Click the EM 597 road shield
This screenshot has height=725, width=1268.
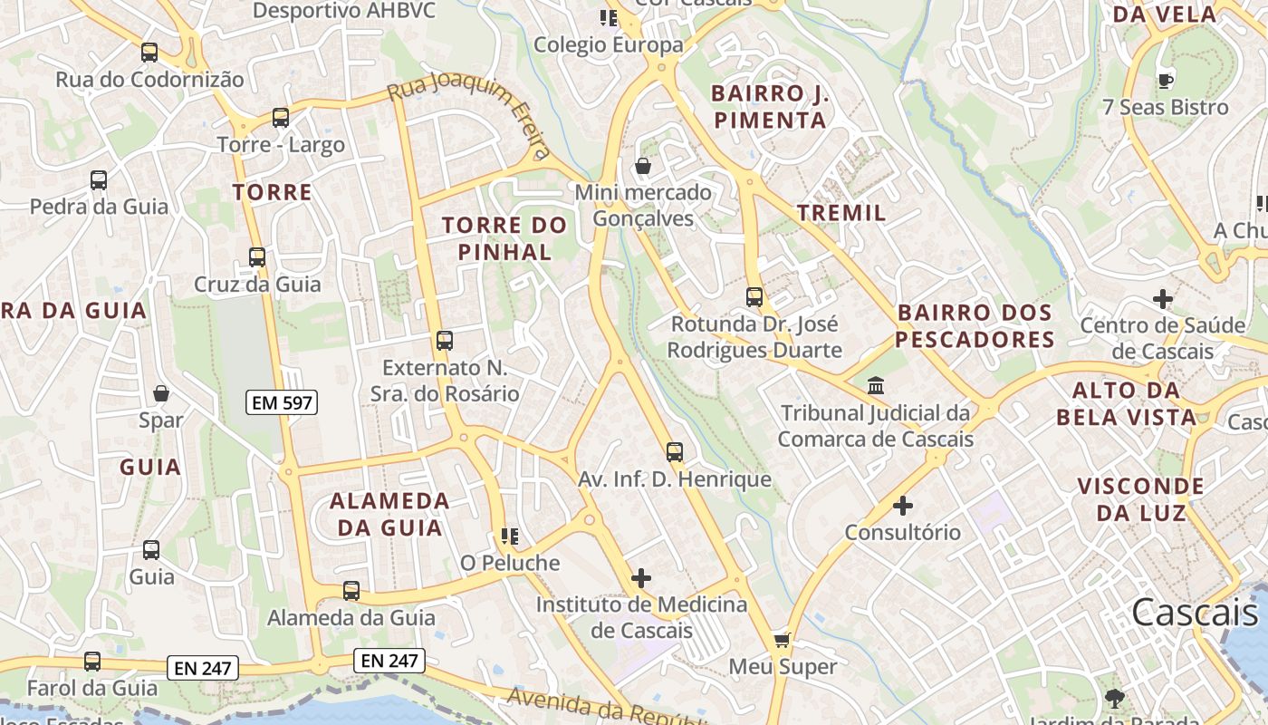tap(282, 402)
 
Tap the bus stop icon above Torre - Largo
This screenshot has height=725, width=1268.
tap(281, 118)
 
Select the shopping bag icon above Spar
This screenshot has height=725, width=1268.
tap(161, 393)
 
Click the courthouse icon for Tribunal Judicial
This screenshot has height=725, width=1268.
tap(876, 386)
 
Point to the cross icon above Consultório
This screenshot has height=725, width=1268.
tap(903, 506)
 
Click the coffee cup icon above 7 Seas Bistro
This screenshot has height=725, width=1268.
tap(1166, 81)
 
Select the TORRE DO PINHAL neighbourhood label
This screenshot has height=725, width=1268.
tap(504, 238)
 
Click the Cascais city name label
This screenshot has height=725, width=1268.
tap(1195, 613)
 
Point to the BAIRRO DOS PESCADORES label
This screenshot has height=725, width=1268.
tap(975, 326)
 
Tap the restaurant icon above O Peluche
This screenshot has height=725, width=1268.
tap(509, 536)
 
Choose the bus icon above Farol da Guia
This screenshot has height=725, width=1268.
tap(92, 662)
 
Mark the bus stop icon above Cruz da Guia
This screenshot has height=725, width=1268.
tap(257, 257)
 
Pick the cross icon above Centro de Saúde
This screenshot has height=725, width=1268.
tap(1163, 298)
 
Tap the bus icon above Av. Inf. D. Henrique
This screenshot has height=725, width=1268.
tap(675, 452)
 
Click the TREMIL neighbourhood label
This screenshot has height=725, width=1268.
tap(841, 213)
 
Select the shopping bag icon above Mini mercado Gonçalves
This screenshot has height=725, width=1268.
tap(643, 166)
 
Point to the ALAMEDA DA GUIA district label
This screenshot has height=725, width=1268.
tap(389, 514)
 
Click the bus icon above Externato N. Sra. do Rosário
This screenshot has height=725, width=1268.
tap(445, 341)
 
